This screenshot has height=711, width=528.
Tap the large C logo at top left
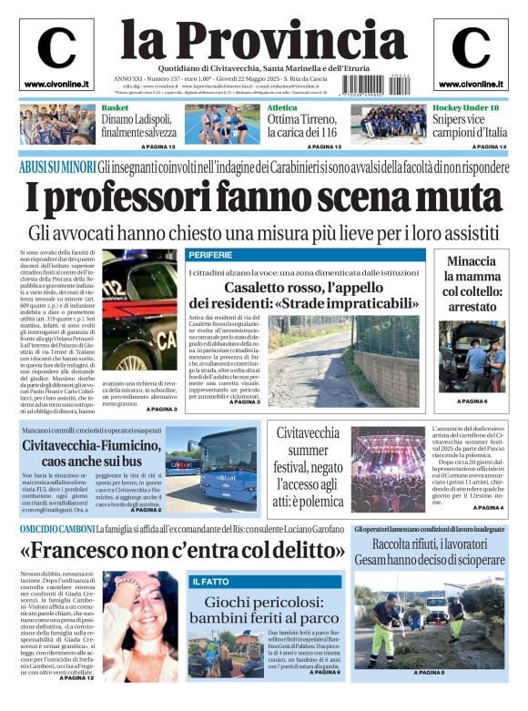pyautogui.click(x=56, y=49)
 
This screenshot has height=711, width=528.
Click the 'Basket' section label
pyautogui.click(x=115, y=108)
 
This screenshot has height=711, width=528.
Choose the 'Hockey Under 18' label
pyautogui.click(x=466, y=108)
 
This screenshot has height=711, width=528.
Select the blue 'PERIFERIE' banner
pyautogui.click(x=211, y=254)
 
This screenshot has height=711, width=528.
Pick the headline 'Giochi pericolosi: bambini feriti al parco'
pyautogui.click(x=265, y=610)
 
